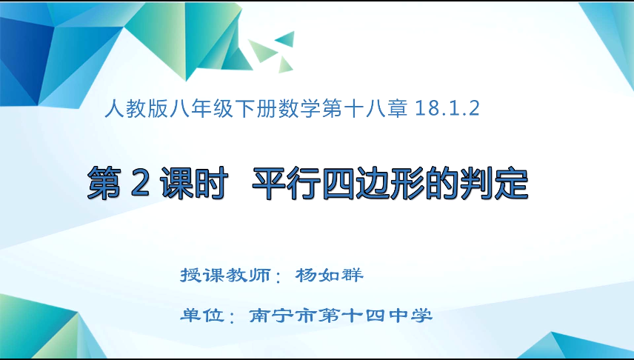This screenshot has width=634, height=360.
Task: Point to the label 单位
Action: click(x=202, y=316)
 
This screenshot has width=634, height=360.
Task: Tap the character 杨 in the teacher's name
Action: click(x=307, y=275)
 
